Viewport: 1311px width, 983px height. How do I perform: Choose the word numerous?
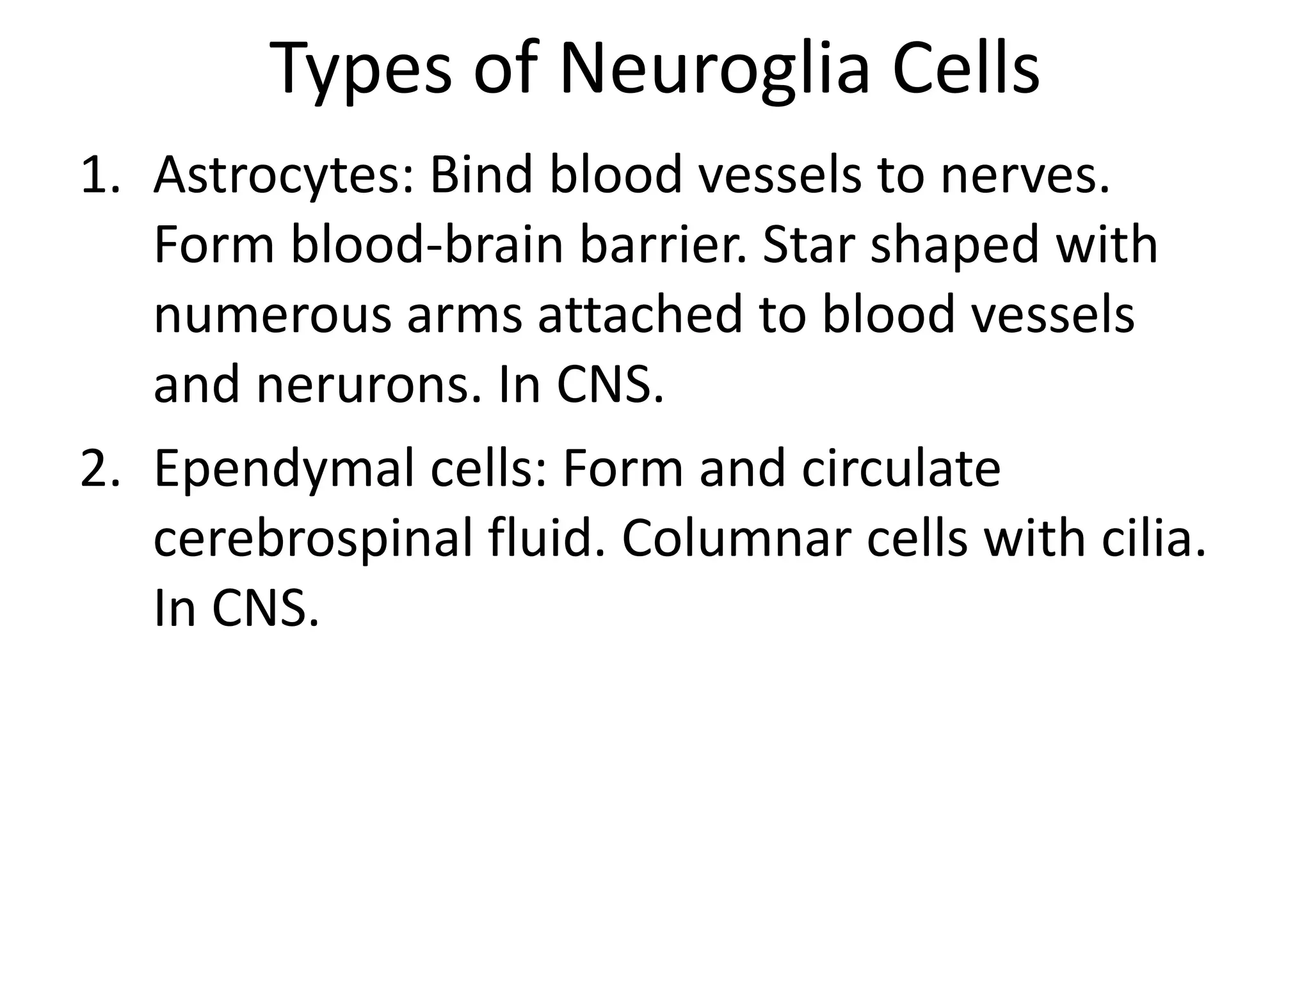273,316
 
